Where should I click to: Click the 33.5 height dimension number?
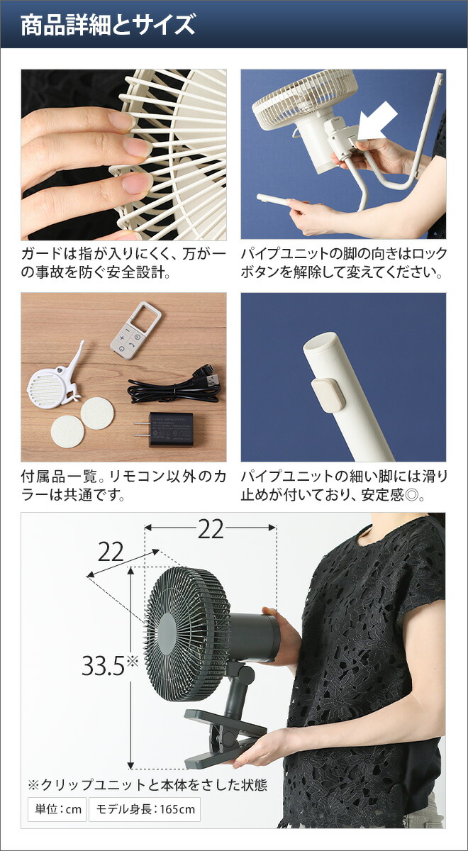tap(104, 664)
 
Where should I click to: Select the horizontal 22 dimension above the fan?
tap(211, 529)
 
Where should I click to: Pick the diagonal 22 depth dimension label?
tap(111, 552)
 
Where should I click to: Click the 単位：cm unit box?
tap(56, 809)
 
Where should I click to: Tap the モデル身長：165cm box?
tap(144, 809)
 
